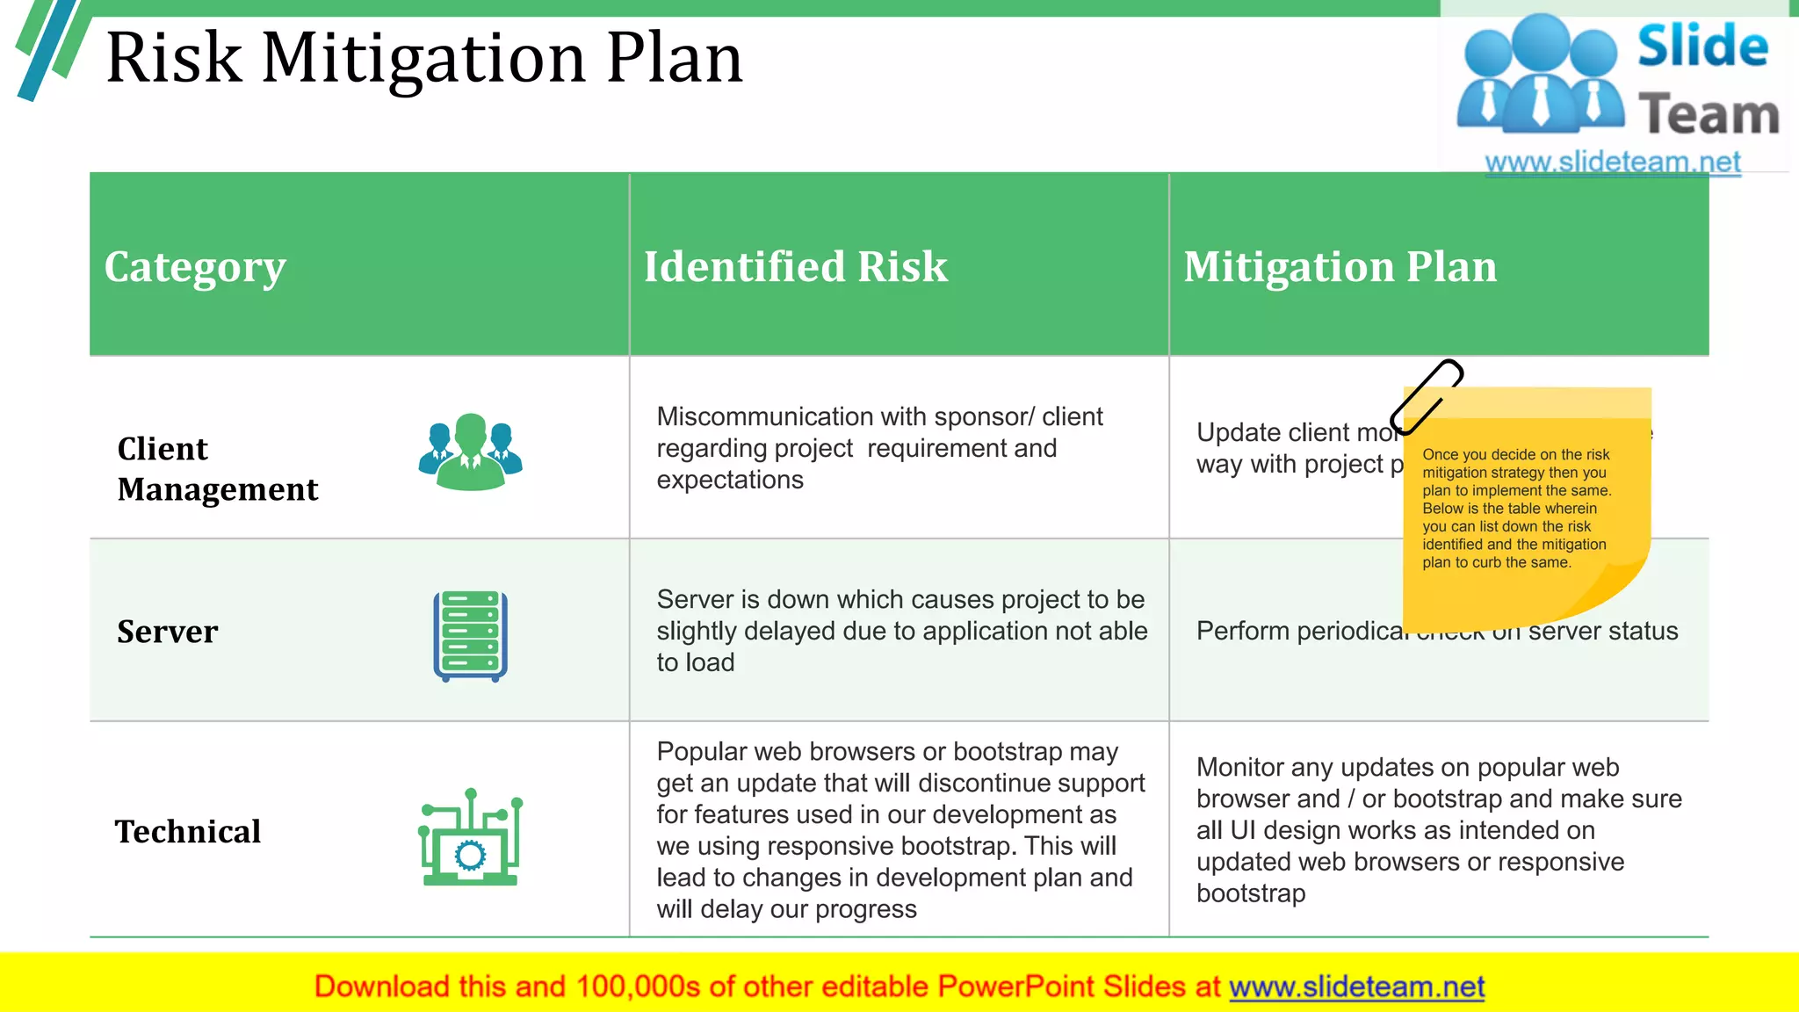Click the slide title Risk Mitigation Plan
point(424,58)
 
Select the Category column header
point(195,267)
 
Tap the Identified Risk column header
point(796,267)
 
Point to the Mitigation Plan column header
point(1340,267)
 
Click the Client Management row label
point(217,469)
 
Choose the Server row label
point(167,632)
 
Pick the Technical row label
point(188,831)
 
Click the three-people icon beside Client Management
point(471,452)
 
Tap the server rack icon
point(471,636)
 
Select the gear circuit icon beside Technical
point(471,838)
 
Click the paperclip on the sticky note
point(1427,396)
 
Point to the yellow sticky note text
point(1517,509)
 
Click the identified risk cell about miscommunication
point(879,448)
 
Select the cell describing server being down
point(901,631)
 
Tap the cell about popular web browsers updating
point(899,830)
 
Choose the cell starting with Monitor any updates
point(1438,830)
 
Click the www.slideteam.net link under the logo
point(1613,163)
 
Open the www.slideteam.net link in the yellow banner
point(1356,987)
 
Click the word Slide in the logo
point(1702,47)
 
